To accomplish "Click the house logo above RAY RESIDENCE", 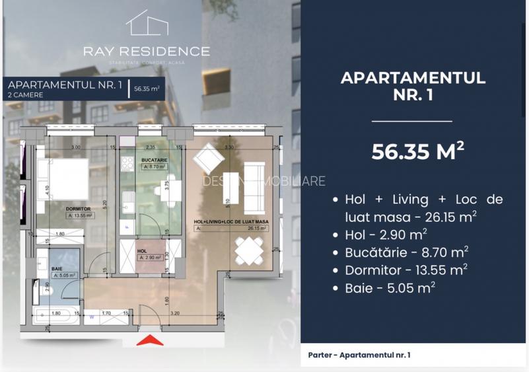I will [147, 23].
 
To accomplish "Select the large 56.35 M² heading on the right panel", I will [417, 151].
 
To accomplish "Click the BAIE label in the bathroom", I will [57, 269].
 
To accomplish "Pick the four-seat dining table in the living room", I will [251, 250].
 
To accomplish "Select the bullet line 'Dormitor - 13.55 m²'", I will [406, 270].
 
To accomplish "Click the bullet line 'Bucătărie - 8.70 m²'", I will [406, 252].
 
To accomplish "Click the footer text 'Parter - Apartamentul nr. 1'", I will [359, 355].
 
